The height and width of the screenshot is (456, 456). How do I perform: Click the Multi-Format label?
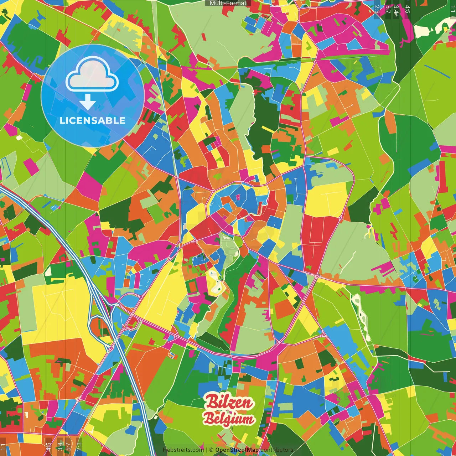[x=228, y=3]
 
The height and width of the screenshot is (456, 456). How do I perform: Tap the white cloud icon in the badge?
[x=92, y=75]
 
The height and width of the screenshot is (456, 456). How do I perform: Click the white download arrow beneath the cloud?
[x=88, y=102]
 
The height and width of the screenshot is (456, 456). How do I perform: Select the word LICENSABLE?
[x=93, y=120]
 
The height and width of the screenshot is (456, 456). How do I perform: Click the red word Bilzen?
[x=228, y=402]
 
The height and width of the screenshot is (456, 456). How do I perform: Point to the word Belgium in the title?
[x=229, y=419]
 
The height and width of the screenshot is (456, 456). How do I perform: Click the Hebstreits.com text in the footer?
[x=183, y=450]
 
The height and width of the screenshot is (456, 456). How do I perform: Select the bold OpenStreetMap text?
[x=237, y=450]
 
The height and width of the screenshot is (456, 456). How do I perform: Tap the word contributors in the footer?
[x=276, y=450]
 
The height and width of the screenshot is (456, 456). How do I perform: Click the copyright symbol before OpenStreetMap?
[x=211, y=450]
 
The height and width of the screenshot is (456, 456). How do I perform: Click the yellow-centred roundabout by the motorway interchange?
[x=125, y=326]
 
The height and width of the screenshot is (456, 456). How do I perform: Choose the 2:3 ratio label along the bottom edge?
[x=79, y=446]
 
